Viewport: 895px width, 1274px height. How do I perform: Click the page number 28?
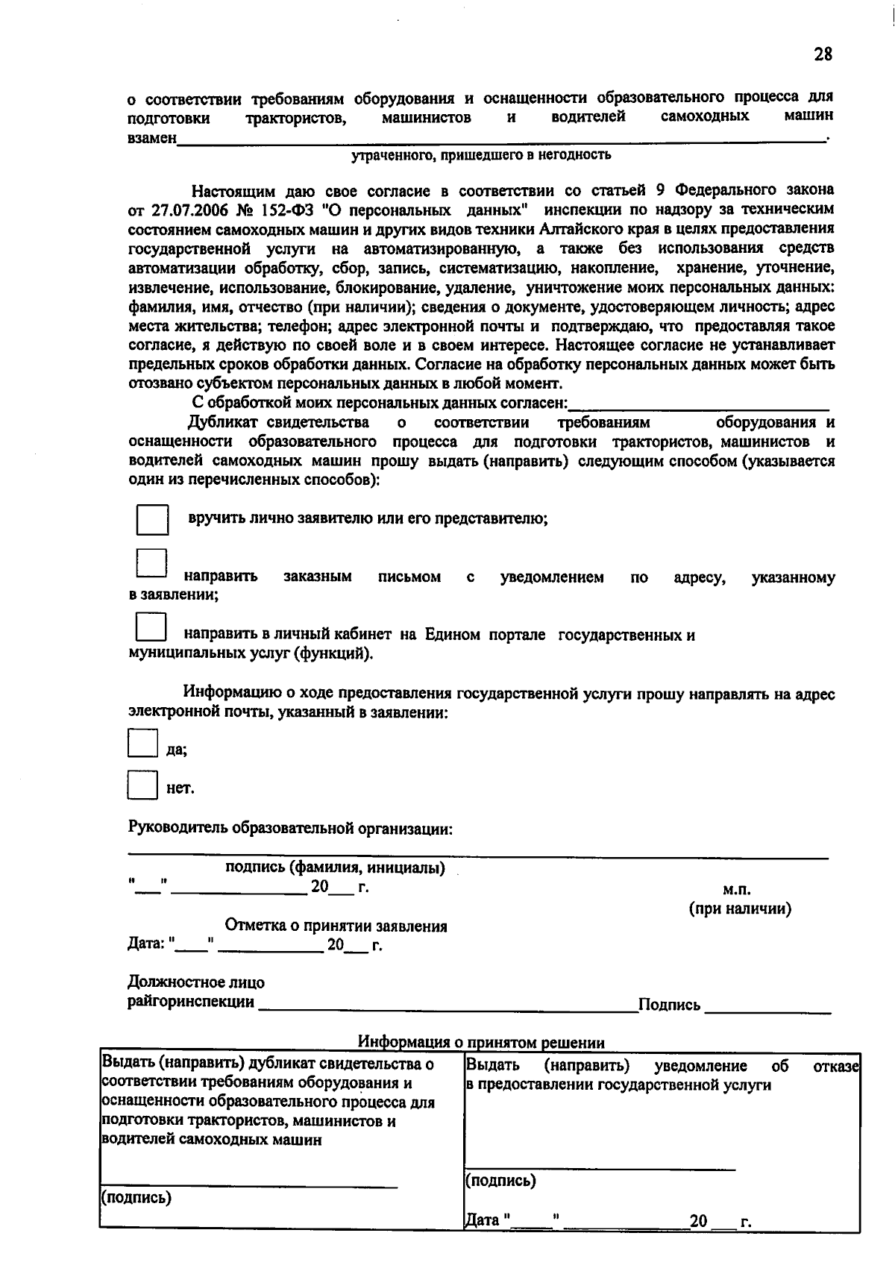tap(823, 54)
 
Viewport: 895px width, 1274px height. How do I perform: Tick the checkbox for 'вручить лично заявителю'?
tap(152, 520)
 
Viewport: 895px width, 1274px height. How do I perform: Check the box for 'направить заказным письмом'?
tap(151, 565)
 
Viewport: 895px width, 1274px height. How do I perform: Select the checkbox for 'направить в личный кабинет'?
tap(151, 627)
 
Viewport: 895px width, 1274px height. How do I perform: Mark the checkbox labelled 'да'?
tap(142, 744)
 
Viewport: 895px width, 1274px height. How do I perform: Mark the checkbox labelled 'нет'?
tap(142, 785)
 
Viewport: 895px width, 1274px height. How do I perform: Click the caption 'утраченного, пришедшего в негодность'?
tap(481, 155)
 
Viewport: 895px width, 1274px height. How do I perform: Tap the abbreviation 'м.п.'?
tap(737, 889)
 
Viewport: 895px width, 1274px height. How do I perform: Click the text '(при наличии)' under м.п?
tap(739, 909)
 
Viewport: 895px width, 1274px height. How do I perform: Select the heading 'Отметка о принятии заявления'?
tap(336, 926)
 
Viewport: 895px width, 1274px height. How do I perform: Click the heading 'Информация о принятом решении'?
tap(481, 1042)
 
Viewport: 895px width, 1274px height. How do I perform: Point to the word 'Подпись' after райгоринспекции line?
tap(669, 1005)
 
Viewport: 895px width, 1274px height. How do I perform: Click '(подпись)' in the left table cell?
tap(136, 1198)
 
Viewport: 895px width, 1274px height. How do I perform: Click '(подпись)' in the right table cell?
tap(500, 1181)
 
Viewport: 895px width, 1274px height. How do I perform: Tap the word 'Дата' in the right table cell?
tap(482, 1221)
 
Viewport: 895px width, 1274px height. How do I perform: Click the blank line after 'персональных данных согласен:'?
tap(699, 407)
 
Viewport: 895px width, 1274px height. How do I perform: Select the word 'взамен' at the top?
tap(152, 138)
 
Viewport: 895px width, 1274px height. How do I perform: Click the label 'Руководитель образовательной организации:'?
tap(290, 829)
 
